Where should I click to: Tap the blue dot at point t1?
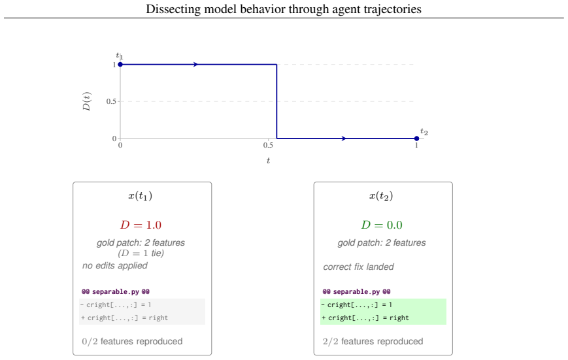[121, 65]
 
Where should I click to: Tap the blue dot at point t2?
[416, 139]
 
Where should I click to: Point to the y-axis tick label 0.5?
[111, 101]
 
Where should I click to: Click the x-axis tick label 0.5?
[268, 145]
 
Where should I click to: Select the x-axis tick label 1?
[416, 145]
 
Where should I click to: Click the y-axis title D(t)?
[87, 101]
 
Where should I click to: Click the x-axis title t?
[269, 161]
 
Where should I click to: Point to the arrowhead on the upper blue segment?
[196, 65]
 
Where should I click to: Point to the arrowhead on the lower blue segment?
[344, 139]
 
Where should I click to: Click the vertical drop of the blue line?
[276, 101]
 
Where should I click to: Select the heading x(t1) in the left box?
[140, 196]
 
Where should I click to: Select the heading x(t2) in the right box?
[381, 196]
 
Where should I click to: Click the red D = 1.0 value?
[141, 225]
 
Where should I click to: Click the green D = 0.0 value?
[382, 225]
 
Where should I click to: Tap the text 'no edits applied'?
[115, 265]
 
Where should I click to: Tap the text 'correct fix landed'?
[358, 267]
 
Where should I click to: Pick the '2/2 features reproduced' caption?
[373, 341]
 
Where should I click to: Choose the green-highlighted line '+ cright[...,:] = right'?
[365, 318]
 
